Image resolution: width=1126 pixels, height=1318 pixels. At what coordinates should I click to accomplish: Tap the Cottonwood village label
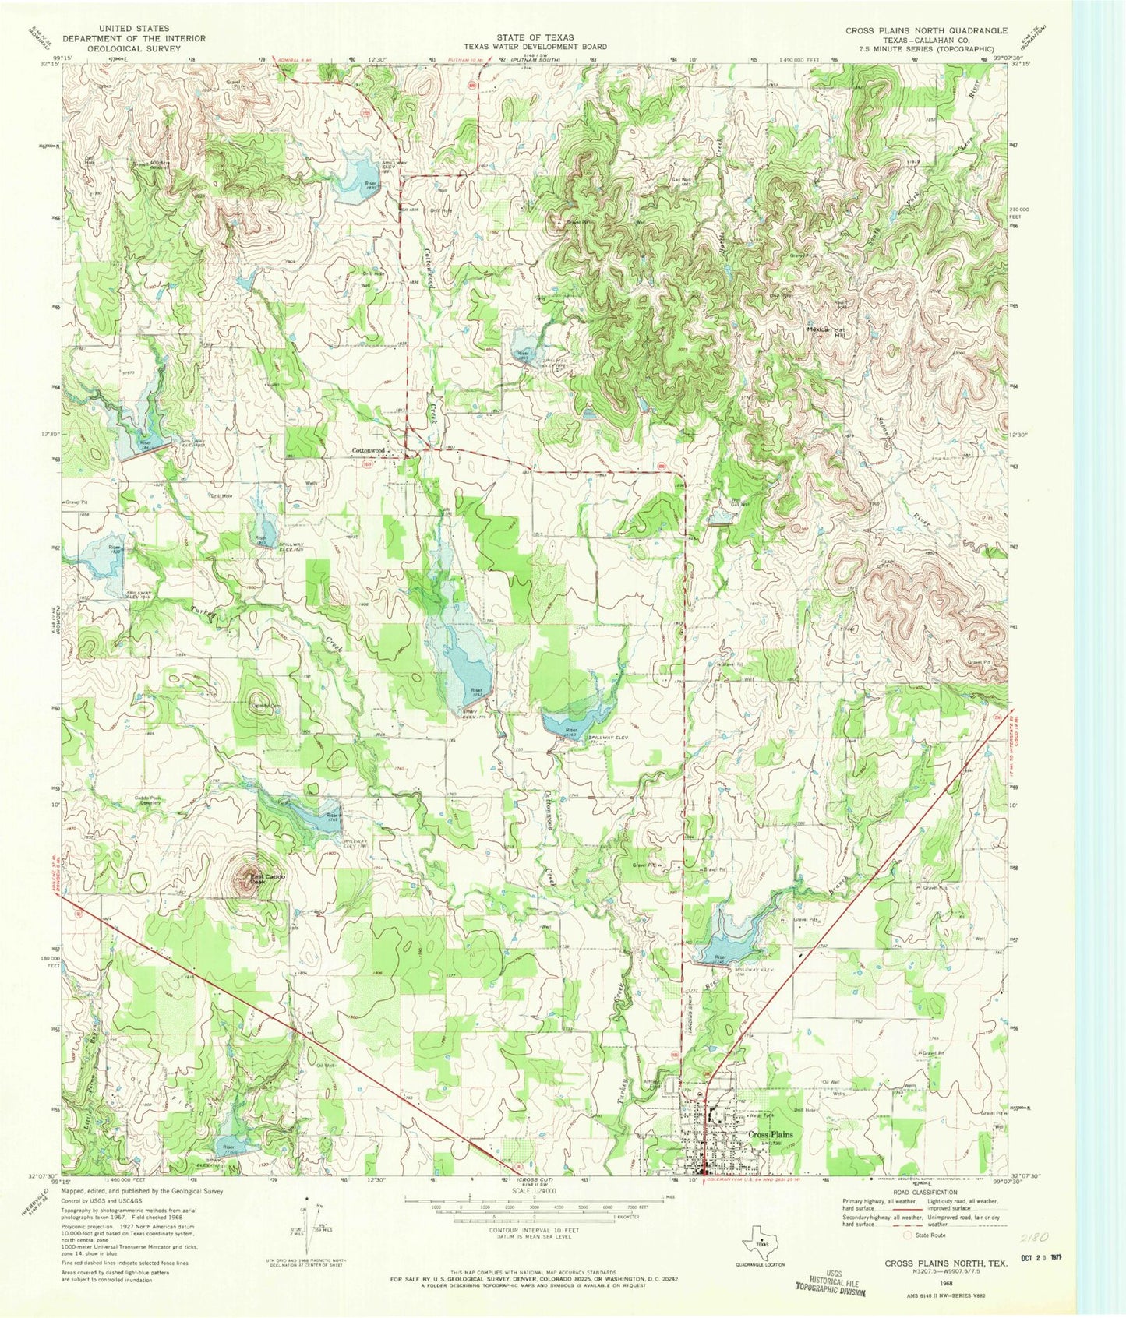[x=369, y=450]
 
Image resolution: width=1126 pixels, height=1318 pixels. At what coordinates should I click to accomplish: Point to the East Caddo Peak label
[x=268, y=880]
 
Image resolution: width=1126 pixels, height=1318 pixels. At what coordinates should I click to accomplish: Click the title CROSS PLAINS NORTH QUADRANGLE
[x=927, y=30]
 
